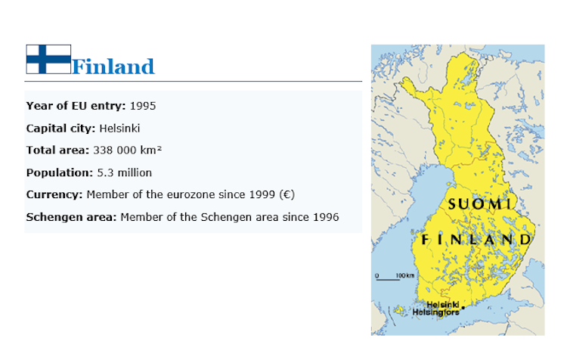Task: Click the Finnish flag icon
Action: coord(48,59)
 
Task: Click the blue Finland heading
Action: coord(113,67)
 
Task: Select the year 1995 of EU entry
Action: coord(143,106)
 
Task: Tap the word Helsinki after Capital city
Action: coord(119,129)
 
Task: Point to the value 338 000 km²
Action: coord(128,151)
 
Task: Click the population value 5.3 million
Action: coord(125,172)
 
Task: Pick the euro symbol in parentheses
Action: coord(287,194)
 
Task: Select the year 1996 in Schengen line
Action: coord(326,217)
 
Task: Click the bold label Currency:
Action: coord(54,194)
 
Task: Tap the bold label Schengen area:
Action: coord(71,217)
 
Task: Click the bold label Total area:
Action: coord(57,151)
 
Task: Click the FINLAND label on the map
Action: coord(477,240)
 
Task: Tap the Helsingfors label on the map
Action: coord(435,312)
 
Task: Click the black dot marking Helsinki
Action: coord(463,308)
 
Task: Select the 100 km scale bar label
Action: coord(405,275)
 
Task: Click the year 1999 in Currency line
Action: coord(262,194)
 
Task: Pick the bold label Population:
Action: coord(60,172)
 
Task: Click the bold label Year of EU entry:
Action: coord(76,106)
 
